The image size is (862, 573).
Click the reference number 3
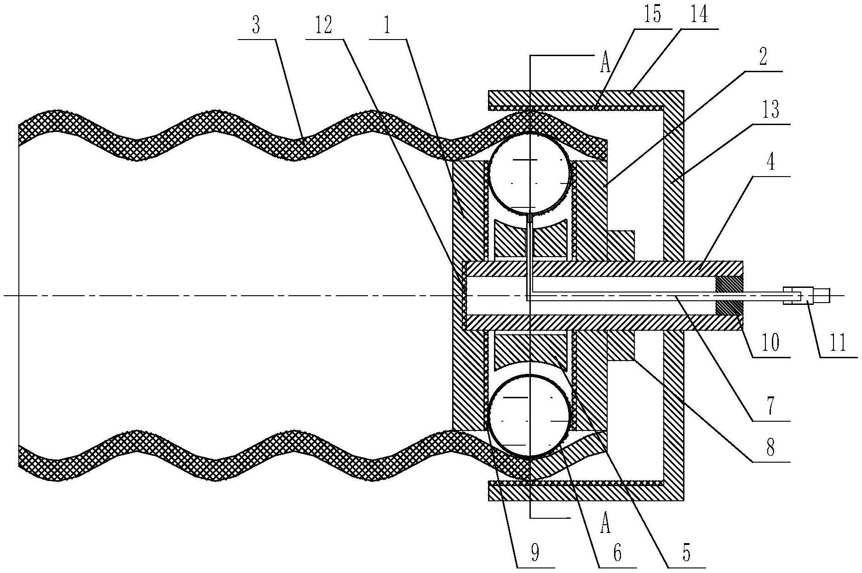(x=256, y=26)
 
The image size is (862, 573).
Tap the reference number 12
(x=323, y=26)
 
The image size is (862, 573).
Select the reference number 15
(x=652, y=15)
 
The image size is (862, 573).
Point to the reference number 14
(x=698, y=15)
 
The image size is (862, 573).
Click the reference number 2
(x=763, y=59)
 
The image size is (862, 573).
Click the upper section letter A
(x=604, y=65)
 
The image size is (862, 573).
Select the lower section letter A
(x=605, y=524)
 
